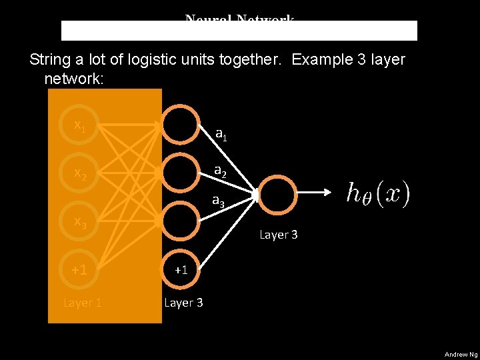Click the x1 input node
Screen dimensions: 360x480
click(x=79, y=125)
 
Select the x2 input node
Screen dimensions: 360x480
click(x=79, y=173)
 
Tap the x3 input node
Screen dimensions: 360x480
click(x=79, y=221)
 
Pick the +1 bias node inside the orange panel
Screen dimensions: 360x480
click(x=79, y=270)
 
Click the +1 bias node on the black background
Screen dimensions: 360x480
click(x=181, y=270)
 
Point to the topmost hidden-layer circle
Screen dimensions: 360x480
click(x=181, y=125)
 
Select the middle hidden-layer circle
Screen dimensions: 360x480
click(x=181, y=173)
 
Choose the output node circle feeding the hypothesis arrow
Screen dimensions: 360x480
click(x=277, y=193)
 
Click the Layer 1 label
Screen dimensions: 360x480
click(x=82, y=303)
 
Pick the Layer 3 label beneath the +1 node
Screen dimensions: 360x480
click(x=183, y=303)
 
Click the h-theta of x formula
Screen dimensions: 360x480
click(x=377, y=194)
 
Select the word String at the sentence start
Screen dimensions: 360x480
click(x=51, y=59)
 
